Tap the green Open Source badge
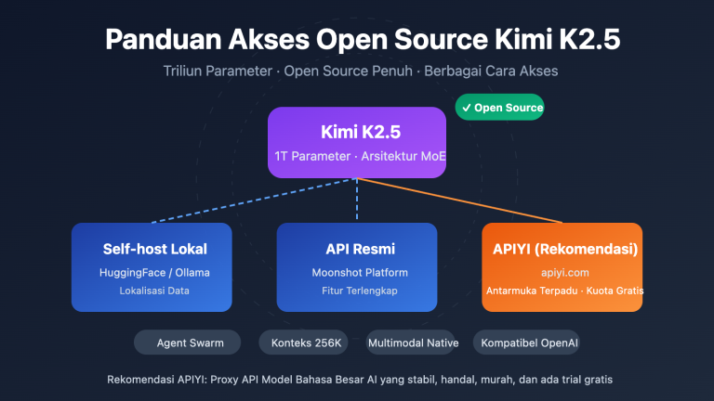tap(499, 108)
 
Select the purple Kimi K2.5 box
tap(357, 142)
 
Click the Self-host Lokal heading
tap(155, 249)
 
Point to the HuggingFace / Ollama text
tap(155, 272)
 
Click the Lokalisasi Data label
tap(155, 291)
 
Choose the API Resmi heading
tap(356, 249)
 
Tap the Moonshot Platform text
tap(356, 272)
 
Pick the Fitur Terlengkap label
tap(356, 291)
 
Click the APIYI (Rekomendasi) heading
tap(561, 249)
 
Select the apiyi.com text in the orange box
tap(561, 272)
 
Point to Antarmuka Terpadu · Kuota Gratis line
tap(561, 291)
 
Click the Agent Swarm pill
tap(186, 343)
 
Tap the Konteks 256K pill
tap(307, 343)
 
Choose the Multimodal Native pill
tap(414, 343)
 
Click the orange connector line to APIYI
tap(465, 200)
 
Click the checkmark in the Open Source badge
tap(466, 108)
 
